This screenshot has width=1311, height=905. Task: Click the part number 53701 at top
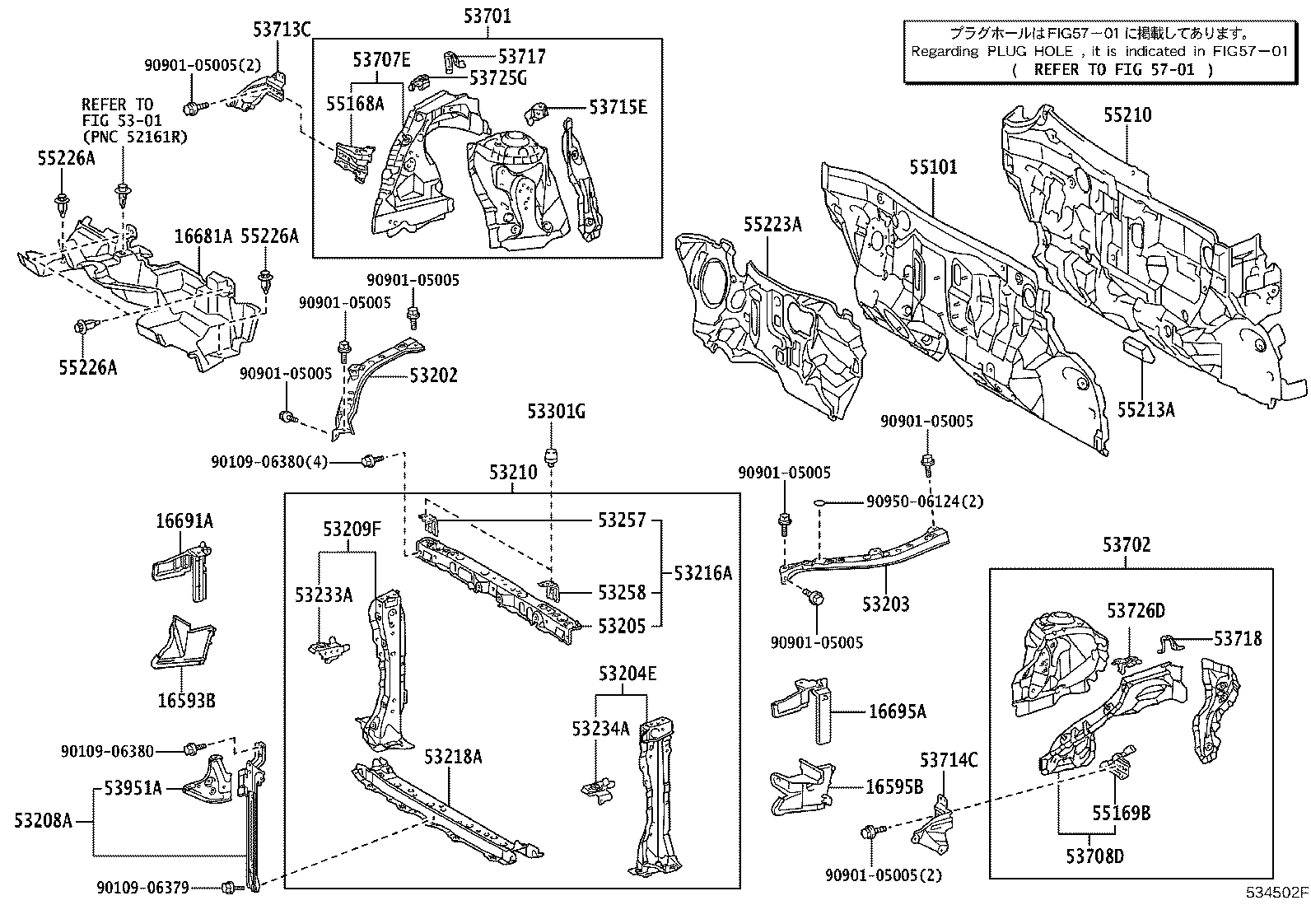click(487, 15)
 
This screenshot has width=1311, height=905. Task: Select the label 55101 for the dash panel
click(933, 168)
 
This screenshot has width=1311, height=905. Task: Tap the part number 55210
click(1127, 115)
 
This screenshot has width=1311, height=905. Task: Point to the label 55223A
click(772, 224)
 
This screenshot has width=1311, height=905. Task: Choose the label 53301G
click(557, 412)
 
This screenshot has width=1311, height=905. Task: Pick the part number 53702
click(1127, 545)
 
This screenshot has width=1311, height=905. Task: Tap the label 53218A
click(453, 757)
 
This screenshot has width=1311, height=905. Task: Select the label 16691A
click(184, 521)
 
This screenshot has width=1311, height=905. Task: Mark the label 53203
click(886, 604)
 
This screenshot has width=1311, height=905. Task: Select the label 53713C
click(282, 30)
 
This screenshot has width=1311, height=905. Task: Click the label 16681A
click(203, 237)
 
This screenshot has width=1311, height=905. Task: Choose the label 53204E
click(628, 674)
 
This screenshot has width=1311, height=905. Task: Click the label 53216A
click(702, 573)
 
